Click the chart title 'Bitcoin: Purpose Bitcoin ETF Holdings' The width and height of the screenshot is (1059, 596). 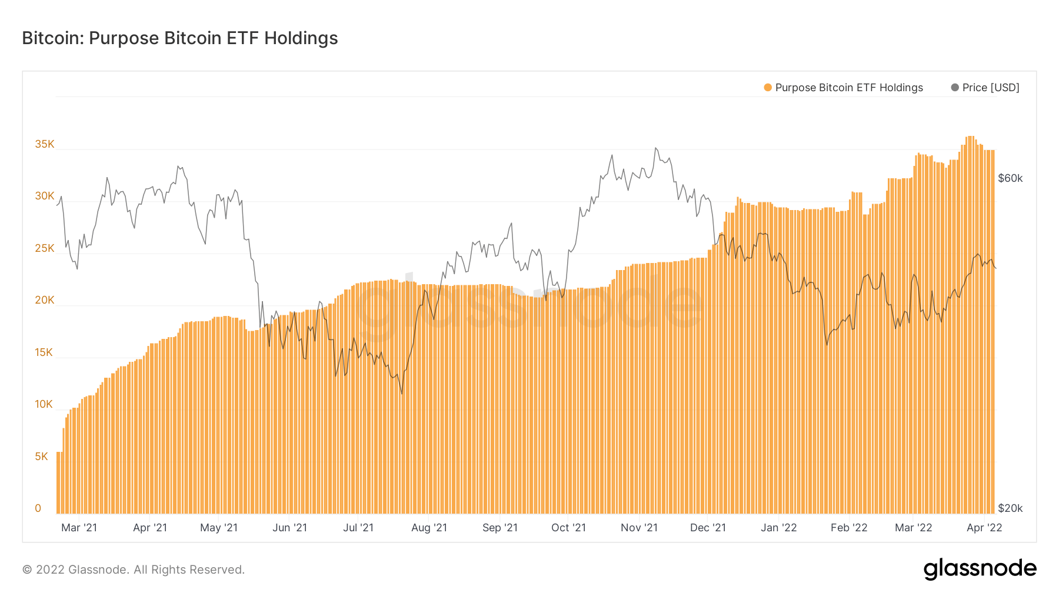click(x=180, y=38)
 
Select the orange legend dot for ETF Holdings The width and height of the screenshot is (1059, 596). click(x=768, y=88)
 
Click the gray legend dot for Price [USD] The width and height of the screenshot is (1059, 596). click(x=955, y=88)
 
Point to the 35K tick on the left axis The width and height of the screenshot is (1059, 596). click(x=45, y=144)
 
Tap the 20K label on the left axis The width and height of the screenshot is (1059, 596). click(x=45, y=300)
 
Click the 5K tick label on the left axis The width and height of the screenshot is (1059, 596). click(x=42, y=457)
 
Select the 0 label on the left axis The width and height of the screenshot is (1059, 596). click(x=38, y=508)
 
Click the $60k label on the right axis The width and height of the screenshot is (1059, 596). click(x=1010, y=178)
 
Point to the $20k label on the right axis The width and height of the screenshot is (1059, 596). click(x=1010, y=508)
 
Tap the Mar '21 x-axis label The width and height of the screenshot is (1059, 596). click(x=79, y=528)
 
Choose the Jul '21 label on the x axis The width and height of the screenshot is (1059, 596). click(x=358, y=528)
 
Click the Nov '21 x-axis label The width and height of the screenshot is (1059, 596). click(x=639, y=528)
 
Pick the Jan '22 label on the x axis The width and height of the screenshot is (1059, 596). click(x=778, y=528)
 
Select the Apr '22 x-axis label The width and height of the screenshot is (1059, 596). click(x=984, y=528)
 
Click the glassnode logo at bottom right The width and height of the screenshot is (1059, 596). click(x=980, y=569)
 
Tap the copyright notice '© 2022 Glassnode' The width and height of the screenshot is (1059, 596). click(x=134, y=570)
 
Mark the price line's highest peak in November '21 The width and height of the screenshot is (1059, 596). click(x=655, y=148)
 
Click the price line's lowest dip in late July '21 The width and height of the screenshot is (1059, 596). click(x=402, y=394)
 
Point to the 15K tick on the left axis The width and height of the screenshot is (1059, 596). click(x=44, y=352)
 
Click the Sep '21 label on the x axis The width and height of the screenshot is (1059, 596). click(x=500, y=528)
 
